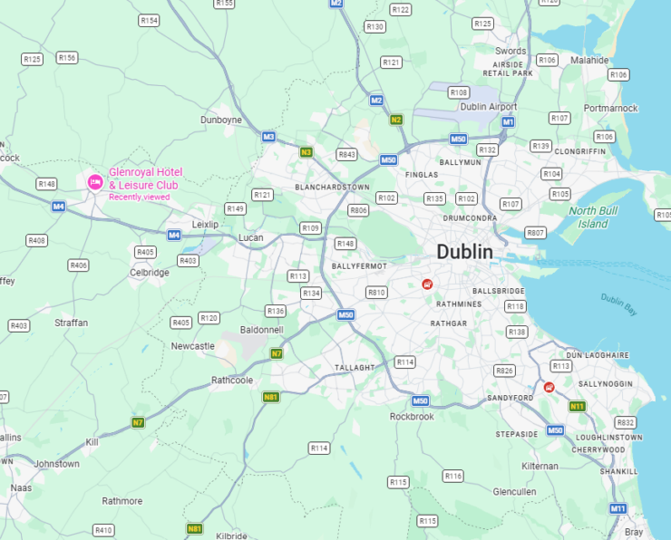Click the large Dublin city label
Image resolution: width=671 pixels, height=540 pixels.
click(x=464, y=252)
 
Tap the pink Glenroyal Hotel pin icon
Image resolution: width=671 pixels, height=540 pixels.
click(x=95, y=182)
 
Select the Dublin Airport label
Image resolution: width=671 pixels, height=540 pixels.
click(x=489, y=107)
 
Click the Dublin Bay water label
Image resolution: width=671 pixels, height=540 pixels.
click(x=618, y=304)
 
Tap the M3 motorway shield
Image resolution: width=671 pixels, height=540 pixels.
click(x=268, y=137)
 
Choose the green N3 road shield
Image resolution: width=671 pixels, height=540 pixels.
click(x=306, y=152)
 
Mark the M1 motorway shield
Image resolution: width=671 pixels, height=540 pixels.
click(x=509, y=121)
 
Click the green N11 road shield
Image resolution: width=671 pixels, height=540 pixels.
click(x=577, y=406)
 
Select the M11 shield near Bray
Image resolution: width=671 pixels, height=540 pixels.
click(x=618, y=508)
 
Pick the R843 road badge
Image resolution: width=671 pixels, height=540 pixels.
click(x=346, y=155)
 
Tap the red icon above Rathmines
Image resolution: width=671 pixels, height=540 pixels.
click(x=427, y=284)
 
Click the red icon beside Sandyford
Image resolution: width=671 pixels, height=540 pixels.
click(x=549, y=387)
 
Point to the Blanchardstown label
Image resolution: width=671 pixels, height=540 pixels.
click(x=333, y=187)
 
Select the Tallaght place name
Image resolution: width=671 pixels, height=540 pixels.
click(x=354, y=368)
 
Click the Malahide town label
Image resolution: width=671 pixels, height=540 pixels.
click(x=590, y=60)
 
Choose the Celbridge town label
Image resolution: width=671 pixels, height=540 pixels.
click(x=150, y=272)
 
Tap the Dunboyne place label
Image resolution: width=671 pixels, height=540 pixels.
click(x=221, y=120)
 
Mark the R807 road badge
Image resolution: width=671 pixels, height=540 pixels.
click(x=536, y=233)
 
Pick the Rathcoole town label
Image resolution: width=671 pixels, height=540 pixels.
click(x=232, y=380)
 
